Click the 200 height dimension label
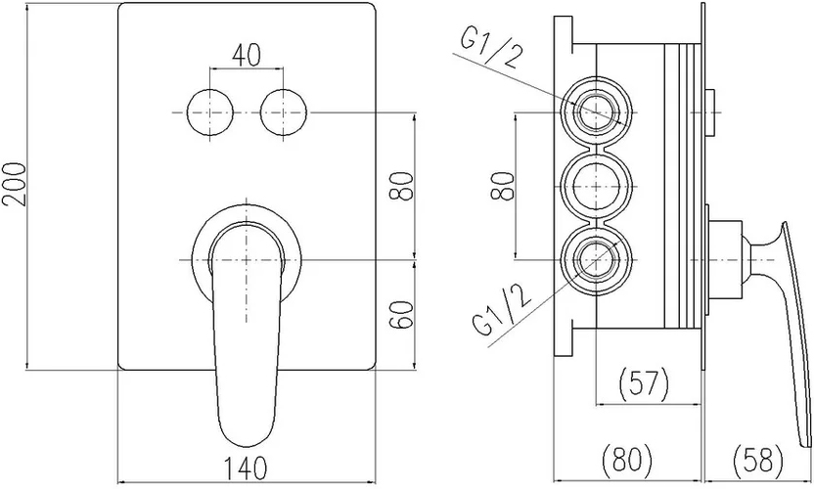[15, 184]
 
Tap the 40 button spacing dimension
[247, 55]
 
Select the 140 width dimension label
[247, 467]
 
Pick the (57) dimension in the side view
[644, 382]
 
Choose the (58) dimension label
[758, 460]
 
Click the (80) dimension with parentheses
[626, 460]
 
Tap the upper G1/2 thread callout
[489, 48]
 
